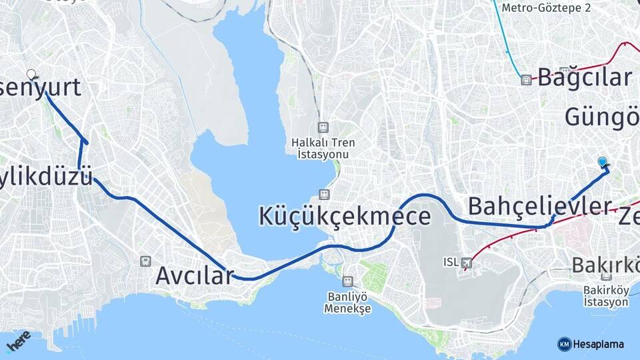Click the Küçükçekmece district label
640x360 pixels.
click(344, 216)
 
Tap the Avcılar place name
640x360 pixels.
click(195, 275)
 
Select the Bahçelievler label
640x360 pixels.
click(539, 205)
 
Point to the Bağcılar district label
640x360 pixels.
click(584, 77)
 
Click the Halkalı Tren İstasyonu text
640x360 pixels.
click(323, 148)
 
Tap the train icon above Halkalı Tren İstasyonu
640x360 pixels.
click(323, 127)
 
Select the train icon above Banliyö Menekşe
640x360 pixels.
click(347, 281)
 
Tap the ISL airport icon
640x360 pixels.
click(465, 262)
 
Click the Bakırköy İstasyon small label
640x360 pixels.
click(605, 296)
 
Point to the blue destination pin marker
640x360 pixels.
click(603, 162)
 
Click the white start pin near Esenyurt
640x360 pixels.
click(31, 74)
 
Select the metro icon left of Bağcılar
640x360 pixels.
click(527, 79)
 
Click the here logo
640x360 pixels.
click(18, 341)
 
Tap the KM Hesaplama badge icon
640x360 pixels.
click(564, 344)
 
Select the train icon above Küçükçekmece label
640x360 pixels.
click(324, 194)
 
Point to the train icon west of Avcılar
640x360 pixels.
click(145, 261)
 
